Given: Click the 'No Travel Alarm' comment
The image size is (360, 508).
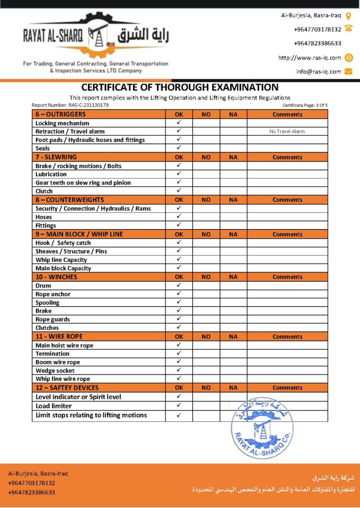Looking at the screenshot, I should click(287, 131).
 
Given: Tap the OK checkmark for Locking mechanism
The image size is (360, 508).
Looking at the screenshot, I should click(179, 123).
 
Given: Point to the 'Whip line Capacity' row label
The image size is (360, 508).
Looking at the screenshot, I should click(61, 260).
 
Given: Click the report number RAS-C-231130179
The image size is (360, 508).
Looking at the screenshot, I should click(70, 105).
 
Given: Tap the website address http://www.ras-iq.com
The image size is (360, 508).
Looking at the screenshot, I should click(310, 58).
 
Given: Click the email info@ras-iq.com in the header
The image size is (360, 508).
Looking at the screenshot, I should click(319, 71).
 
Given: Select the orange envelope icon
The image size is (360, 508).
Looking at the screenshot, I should click(349, 71).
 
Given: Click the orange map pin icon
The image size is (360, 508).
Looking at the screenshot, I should click(349, 15).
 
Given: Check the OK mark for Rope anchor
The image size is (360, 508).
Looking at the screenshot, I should click(179, 294).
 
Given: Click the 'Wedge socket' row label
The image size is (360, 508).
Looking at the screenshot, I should click(55, 371).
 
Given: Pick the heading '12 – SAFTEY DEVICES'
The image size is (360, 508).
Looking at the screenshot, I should click(67, 387).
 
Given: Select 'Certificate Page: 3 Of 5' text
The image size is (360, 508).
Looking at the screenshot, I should click(305, 105).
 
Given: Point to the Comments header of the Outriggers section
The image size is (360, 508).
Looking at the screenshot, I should click(287, 115).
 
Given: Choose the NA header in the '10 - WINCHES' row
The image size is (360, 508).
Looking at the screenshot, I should click(233, 277).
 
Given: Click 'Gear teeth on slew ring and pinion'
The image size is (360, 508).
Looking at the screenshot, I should click(83, 183).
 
